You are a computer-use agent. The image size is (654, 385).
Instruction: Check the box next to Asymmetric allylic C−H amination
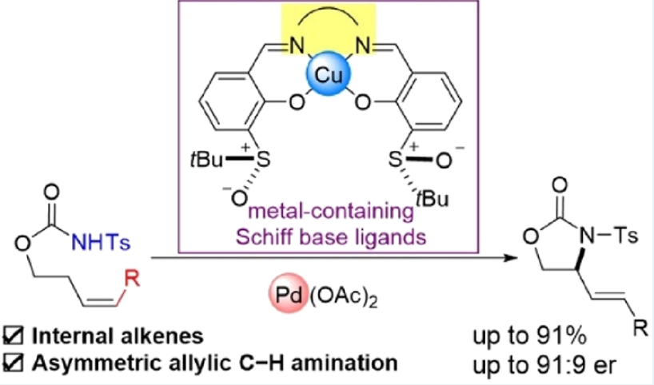tap(14, 363)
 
